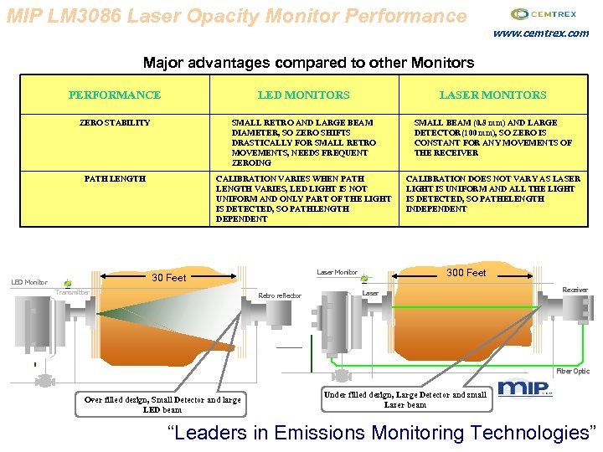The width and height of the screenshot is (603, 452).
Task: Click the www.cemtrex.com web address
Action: [x=541, y=33]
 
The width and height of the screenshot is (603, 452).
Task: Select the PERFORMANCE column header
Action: [x=115, y=95]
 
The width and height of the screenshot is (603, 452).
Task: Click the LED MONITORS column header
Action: [x=303, y=95]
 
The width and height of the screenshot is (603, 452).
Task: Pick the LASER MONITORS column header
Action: [x=492, y=95]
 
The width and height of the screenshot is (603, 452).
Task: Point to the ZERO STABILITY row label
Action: [x=115, y=122]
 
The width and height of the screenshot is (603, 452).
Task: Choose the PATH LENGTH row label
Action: [x=115, y=178]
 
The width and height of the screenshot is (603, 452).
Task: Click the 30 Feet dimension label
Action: [x=168, y=277]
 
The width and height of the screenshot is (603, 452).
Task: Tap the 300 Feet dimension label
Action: [x=466, y=272]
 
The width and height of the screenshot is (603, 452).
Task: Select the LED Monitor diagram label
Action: [x=29, y=282]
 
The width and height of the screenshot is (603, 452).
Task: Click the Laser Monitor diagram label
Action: [x=338, y=272]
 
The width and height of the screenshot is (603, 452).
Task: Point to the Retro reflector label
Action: [x=280, y=295]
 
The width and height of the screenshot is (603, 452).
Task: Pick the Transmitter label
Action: [x=73, y=292]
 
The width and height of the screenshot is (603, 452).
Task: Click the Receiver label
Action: [x=575, y=290]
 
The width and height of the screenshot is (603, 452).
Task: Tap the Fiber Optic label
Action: [x=573, y=371]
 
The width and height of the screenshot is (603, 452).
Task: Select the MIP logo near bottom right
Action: [x=524, y=388]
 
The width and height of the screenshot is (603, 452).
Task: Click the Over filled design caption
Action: [x=162, y=404]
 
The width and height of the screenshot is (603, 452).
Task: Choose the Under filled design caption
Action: [x=405, y=399]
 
